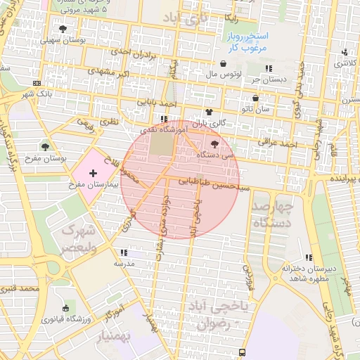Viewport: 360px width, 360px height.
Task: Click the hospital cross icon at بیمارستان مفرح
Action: pyautogui.click(x=93, y=172)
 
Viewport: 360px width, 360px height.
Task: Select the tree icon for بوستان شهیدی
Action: pyautogui.click(x=63, y=29)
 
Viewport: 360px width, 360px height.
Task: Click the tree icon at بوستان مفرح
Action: pyautogui.click(x=46, y=147)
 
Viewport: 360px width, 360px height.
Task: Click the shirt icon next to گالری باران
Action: pyautogui.click(x=209, y=112)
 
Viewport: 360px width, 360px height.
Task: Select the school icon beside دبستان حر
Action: pyautogui.click(x=268, y=68)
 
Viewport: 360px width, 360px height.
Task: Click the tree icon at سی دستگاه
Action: pyautogui.click(x=214, y=143)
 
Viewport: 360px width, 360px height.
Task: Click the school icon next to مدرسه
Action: pyautogui.click(x=124, y=252)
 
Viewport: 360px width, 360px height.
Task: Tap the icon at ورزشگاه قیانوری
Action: pyautogui.click(x=66, y=307)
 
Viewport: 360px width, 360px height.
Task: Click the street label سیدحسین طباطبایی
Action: pyautogui.click(x=213, y=180)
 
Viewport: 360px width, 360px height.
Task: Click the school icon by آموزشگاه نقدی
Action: pyautogui.click(x=164, y=119)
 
